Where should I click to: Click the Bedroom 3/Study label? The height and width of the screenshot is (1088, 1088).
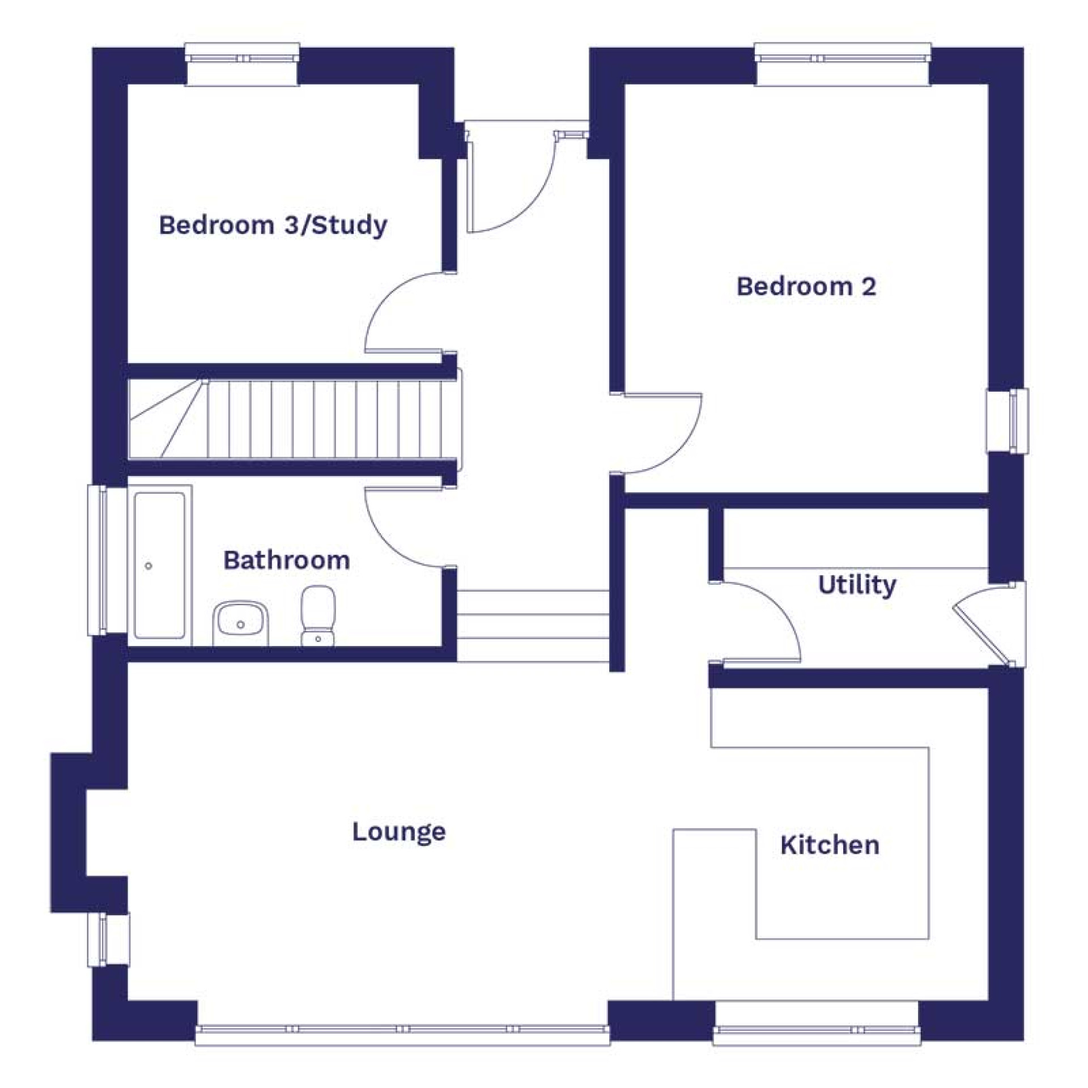273,226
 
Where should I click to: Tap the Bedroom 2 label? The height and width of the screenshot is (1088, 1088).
806,286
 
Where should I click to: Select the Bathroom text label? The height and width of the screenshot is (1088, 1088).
286,560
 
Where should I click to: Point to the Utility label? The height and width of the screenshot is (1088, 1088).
857,585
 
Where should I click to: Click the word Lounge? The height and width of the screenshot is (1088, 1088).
399,832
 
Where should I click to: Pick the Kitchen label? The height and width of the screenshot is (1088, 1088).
830,845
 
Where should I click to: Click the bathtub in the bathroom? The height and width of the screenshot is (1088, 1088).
160,565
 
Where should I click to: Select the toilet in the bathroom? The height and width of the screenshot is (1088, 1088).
318,615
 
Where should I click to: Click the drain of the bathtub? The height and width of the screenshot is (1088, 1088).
148,566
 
